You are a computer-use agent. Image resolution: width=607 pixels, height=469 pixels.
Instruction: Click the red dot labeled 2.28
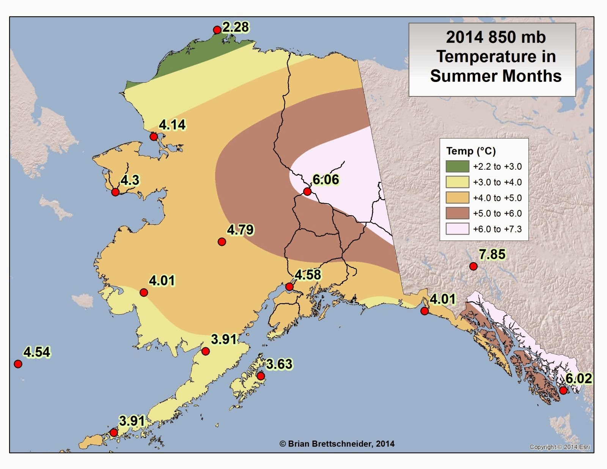pyautogui.click(x=217, y=30)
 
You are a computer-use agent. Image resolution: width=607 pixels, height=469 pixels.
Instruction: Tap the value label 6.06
pyautogui.click(x=326, y=179)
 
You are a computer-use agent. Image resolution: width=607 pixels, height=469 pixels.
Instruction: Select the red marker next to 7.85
pyautogui.click(x=473, y=266)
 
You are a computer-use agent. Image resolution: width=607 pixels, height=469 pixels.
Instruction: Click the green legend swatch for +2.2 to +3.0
pyautogui.click(x=457, y=166)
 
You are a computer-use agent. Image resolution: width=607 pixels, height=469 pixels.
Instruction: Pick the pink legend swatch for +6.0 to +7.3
pyautogui.click(x=457, y=229)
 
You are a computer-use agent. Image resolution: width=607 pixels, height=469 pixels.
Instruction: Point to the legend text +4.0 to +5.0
pyautogui.click(x=497, y=198)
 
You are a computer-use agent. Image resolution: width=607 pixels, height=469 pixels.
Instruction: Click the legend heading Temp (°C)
pyautogui.click(x=471, y=151)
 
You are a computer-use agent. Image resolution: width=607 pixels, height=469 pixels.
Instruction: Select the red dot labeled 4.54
pyautogui.click(x=18, y=364)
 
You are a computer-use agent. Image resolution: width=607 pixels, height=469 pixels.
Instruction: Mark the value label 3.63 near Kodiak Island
pyautogui.click(x=279, y=364)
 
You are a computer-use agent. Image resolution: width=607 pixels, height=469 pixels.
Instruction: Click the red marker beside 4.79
pyautogui.click(x=222, y=242)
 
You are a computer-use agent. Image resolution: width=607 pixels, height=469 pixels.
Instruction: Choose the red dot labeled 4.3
pyautogui.click(x=115, y=192)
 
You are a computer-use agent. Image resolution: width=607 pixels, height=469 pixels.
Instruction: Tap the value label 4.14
pyautogui.click(x=172, y=125)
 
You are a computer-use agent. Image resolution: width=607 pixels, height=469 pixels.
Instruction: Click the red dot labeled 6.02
pyautogui.click(x=563, y=390)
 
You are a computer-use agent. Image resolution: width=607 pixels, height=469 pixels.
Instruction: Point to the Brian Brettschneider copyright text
pyautogui.click(x=337, y=444)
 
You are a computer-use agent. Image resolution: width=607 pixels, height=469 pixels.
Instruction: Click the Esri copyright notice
pyautogui.click(x=560, y=447)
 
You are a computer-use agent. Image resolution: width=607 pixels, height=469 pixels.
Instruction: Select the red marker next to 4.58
pyautogui.click(x=289, y=286)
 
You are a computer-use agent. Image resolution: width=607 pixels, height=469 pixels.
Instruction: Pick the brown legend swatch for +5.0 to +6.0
pyautogui.click(x=457, y=213)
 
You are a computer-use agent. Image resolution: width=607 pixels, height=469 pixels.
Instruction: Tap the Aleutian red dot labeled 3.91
pyautogui.click(x=113, y=433)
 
